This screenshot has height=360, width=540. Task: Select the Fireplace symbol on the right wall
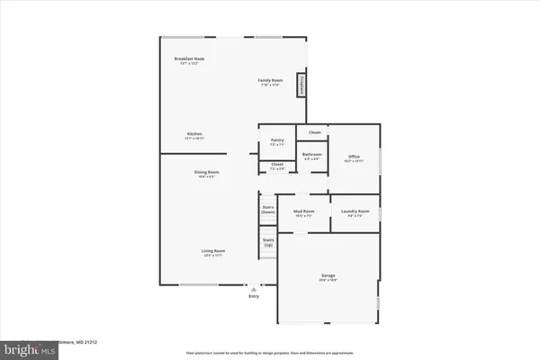pyautogui.click(x=301, y=84)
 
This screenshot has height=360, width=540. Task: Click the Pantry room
pyautogui.click(x=277, y=142)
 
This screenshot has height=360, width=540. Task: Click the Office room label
pyautogui.click(x=354, y=158)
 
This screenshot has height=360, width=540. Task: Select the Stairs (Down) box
pyautogui.click(x=267, y=209)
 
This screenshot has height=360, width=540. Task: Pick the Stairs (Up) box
pyautogui.click(x=267, y=242)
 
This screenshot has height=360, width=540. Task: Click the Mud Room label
pyautogui.click(x=302, y=213)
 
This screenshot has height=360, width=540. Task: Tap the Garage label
pyautogui.click(x=328, y=277)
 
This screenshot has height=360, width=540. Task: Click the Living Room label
pyautogui.click(x=212, y=253)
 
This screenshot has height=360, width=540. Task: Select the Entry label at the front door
pyautogui.click(x=253, y=295)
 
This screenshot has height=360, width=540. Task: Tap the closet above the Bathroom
pyautogui.click(x=314, y=132)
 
